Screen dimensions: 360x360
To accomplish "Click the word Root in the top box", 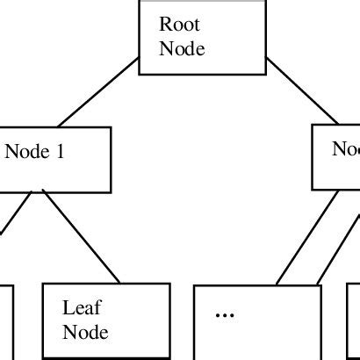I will click(178, 25).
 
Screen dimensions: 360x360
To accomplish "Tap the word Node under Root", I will click(182, 48).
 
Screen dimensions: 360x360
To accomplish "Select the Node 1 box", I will click(54, 159).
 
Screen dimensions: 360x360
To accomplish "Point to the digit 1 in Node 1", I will click(60, 151).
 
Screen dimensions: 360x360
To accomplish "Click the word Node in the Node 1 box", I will click(26, 151).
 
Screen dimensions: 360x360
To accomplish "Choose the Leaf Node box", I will click(106, 321).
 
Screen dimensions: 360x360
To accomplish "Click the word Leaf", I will click(78, 308).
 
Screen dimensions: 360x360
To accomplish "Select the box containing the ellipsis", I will click(254, 321).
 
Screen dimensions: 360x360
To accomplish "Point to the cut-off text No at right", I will click(345, 149).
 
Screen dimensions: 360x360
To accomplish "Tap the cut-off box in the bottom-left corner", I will click(5, 321).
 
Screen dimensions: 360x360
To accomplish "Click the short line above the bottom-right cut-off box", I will click(335, 250).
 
